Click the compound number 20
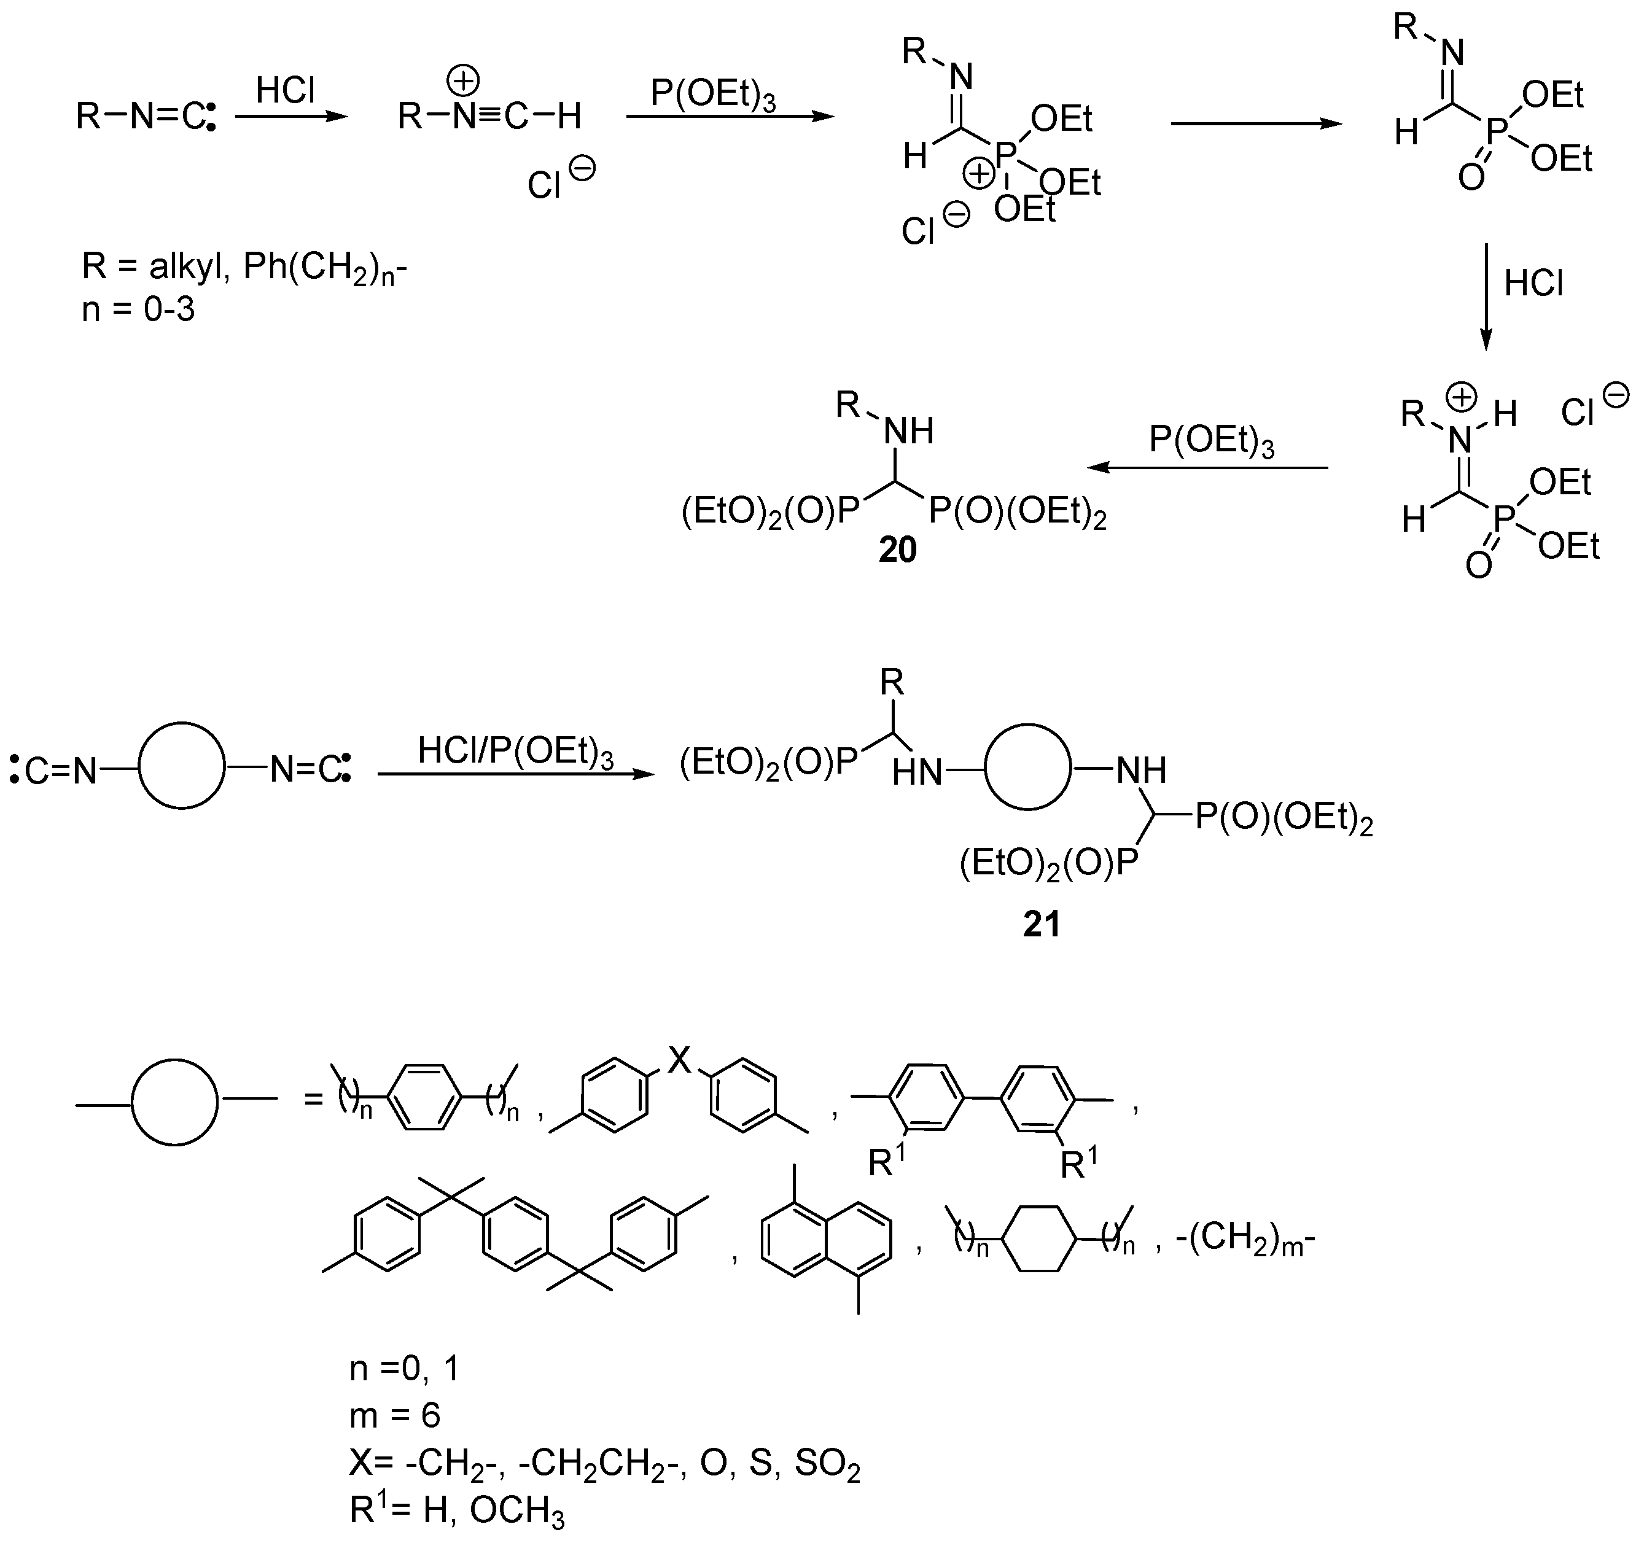(x=897, y=551)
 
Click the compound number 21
(x=1041, y=923)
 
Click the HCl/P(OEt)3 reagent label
(x=515, y=752)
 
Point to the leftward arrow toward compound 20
(x=1207, y=468)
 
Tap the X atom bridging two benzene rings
(x=679, y=1059)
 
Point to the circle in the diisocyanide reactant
(x=181, y=766)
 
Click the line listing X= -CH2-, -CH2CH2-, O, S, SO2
(x=604, y=1464)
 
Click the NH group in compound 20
(x=908, y=432)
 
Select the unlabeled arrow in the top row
(x=1256, y=124)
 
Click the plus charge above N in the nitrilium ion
(x=463, y=81)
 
